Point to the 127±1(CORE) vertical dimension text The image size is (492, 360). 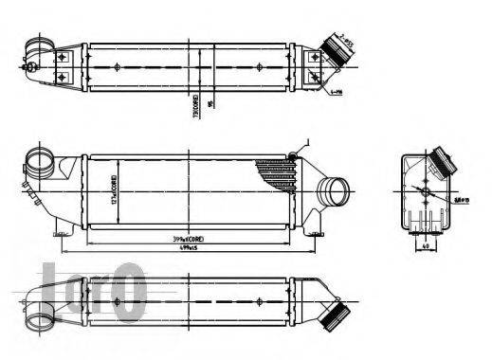(114, 187)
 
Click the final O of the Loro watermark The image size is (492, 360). (132, 290)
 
